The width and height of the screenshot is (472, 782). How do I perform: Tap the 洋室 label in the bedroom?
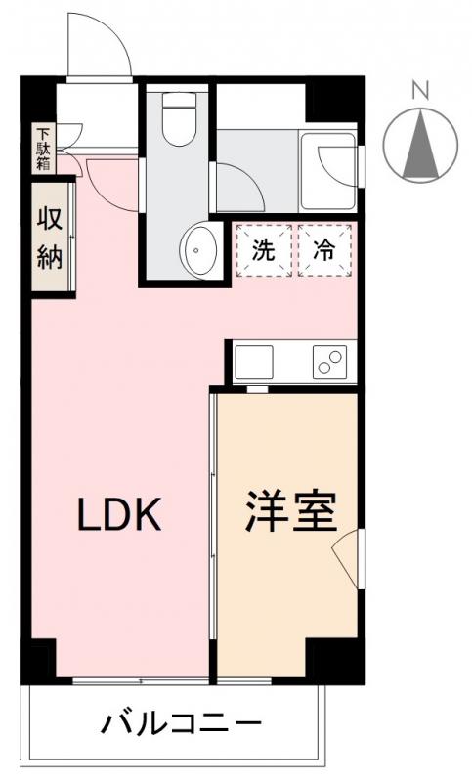click(x=290, y=511)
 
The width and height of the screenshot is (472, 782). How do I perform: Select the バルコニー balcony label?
click(x=182, y=726)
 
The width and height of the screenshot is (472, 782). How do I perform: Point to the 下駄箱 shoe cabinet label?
click(x=43, y=150)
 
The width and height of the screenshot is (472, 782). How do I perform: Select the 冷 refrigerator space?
click(x=323, y=249)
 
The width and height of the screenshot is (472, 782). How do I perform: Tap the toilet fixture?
click(x=180, y=118)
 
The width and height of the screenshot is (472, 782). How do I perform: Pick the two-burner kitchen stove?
click(x=330, y=363)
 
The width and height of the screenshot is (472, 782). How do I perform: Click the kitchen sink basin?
click(x=255, y=363)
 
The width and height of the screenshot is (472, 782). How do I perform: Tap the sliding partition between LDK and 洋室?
click(x=212, y=533)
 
